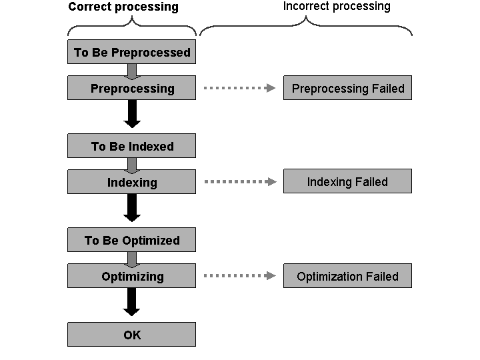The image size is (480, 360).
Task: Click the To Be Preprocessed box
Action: pyautogui.click(x=131, y=52)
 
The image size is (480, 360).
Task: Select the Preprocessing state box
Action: pyautogui.click(x=131, y=88)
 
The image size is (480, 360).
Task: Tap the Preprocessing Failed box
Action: pyautogui.click(x=347, y=88)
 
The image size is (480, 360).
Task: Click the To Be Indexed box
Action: pyautogui.click(x=131, y=146)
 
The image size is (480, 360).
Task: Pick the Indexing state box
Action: pyautogui.click(x=131, y=182)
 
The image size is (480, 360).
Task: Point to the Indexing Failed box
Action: pyautogui.click(x=347, y=181)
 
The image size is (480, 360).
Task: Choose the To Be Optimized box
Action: pyautogui.click(x=131, y=240)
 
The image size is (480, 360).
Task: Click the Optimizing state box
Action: pyautogui.click(x=131, y=276)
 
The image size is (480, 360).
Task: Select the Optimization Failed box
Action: pyautogui.click(x=347, y=276)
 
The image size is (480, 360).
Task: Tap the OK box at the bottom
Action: pyautogui.click(x=131, y=335)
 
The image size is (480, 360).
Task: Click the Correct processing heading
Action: pyautogui.click(x=123, y=7)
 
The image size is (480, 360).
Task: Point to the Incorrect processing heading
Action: pyautogui.click(x=337, y=7)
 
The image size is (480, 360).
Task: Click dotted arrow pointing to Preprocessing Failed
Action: pyautogui.click(x=239, y=88)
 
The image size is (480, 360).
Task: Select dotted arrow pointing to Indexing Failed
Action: pyautogui.click(x=239, y=181)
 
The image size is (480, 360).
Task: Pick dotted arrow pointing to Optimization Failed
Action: pyautogui.click(x=239, y=276)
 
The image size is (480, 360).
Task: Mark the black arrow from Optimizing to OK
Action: pyautogui.click(x=132, y=303)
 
